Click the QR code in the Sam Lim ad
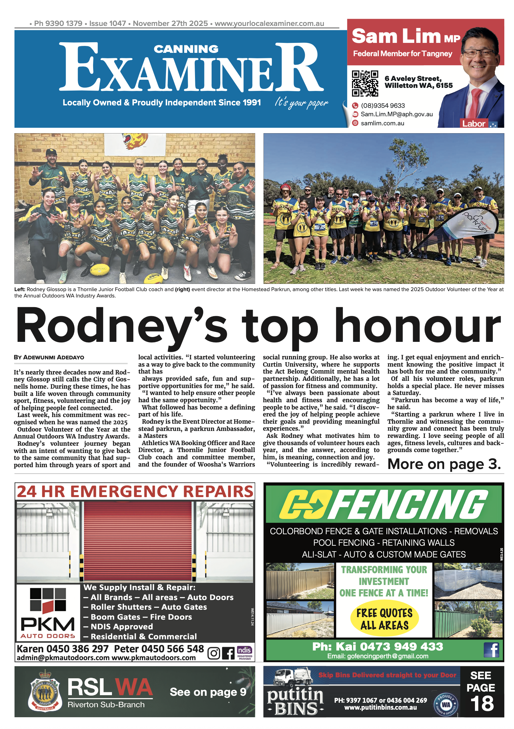(365, 83)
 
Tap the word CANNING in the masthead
(186, 49)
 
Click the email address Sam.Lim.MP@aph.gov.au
(396, 114)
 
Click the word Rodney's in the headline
(122, 327)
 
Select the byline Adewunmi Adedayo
(49, 357)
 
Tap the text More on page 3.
(444, 464)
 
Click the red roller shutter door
(138, 541)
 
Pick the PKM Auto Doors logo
(48, 613)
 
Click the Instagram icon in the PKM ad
(213, 653)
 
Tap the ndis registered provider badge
(244, 653)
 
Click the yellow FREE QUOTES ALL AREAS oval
(384, 619)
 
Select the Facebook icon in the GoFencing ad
(491, 650)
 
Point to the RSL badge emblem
(45, 691)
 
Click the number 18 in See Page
(482, 703)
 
